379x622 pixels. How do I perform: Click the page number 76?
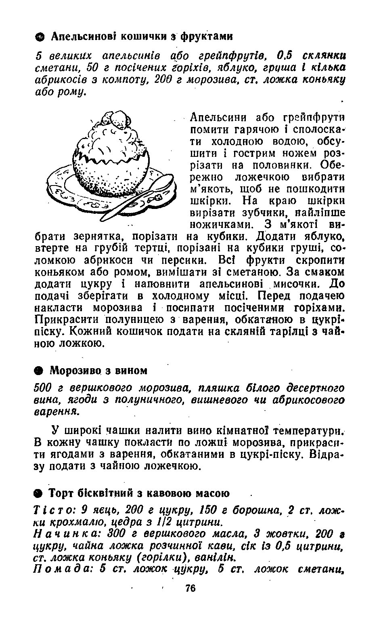[x=191, y=588]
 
